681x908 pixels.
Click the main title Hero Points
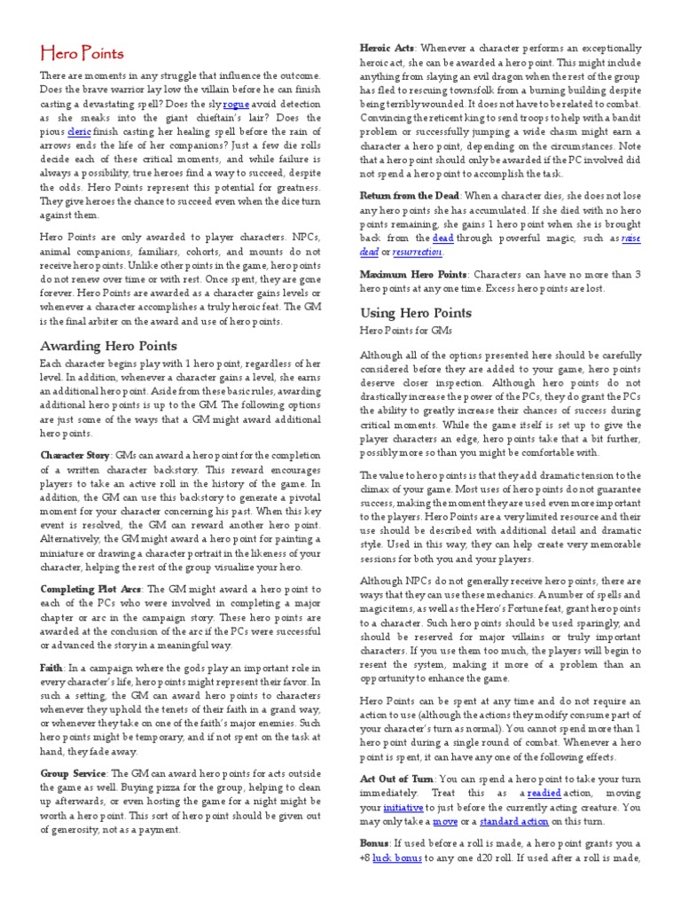tap(82, 54)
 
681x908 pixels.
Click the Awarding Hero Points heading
tap(109, 346)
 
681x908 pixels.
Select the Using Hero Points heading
tap(415, 313)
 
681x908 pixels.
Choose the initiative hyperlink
tap(403, 809)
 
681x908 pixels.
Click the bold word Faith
tap(51, 666)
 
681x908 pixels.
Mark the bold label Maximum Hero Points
tap(413, 275)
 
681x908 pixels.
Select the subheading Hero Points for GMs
tap(405, 331)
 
